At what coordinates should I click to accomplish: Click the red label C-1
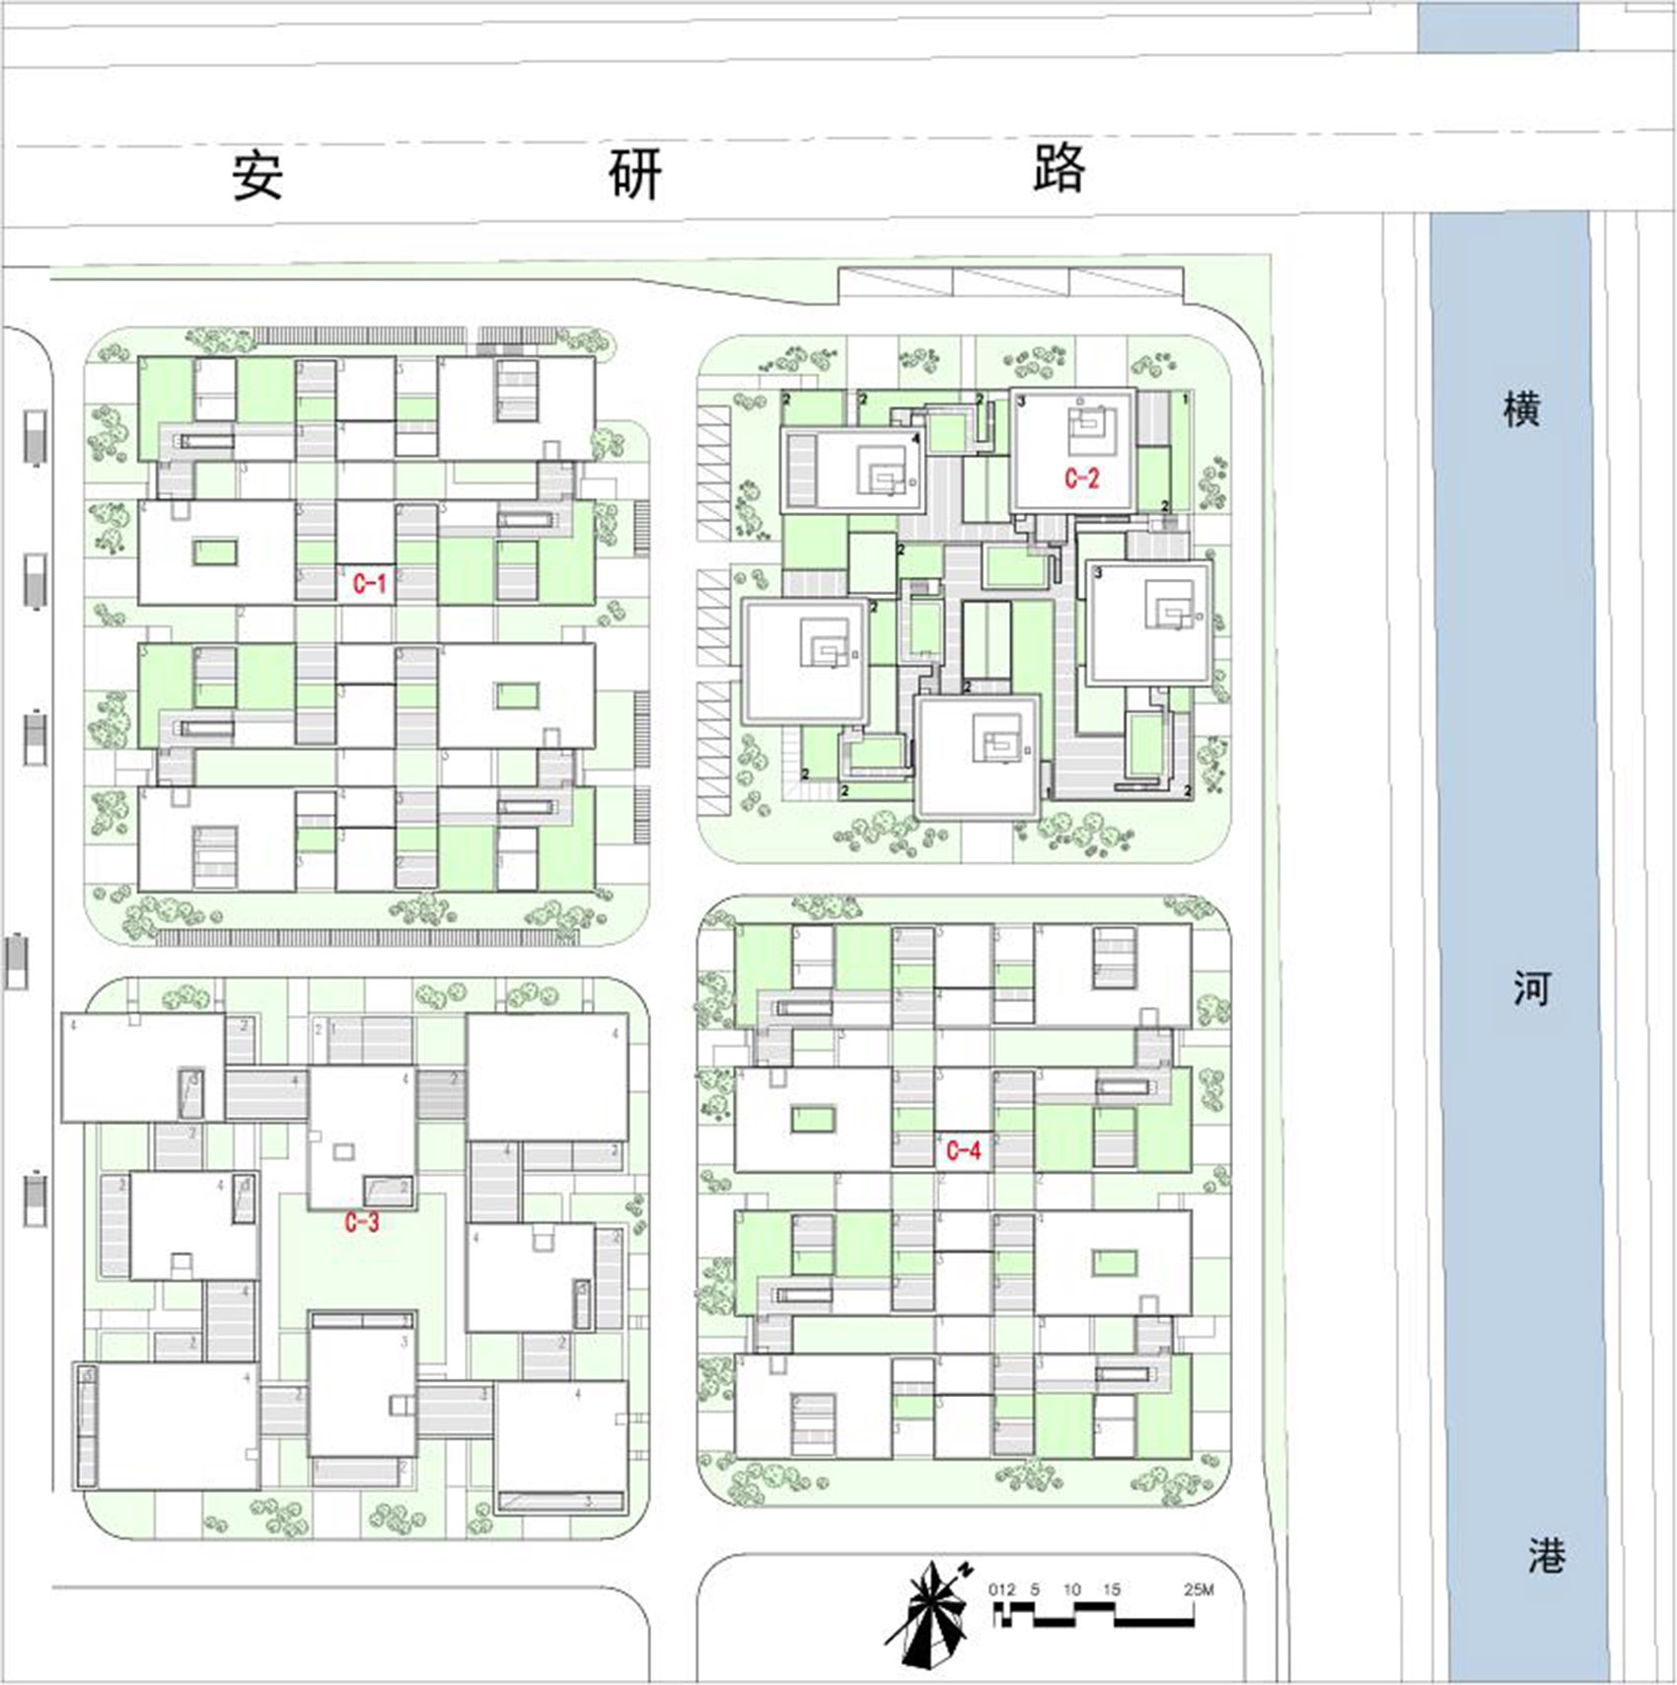tap(370, 584)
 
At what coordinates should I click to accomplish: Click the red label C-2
tap(1081, 478)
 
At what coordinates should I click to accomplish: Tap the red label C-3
tap(362, 1222)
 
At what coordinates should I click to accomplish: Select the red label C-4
tap(963, 1150)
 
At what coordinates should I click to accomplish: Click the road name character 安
tap(257, 176)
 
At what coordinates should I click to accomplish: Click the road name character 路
tap(1058, 169)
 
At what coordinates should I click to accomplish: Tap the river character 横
tap(1520, 408)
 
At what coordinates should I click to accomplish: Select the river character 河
tap(1531, 988)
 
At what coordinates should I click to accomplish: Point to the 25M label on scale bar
tap(1198, 1589)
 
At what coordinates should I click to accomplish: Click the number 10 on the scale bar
tap(1071, 1589)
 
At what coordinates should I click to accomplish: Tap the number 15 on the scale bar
tap(1111, 1589)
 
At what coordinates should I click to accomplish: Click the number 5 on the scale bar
tap(1034, 1589)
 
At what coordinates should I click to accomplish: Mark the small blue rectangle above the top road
tap(1496, 26)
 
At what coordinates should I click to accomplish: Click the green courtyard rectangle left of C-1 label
tap(215, 551)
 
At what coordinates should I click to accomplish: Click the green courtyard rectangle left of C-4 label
tap(813, 1120)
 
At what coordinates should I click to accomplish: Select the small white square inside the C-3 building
tap(343, 1151)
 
